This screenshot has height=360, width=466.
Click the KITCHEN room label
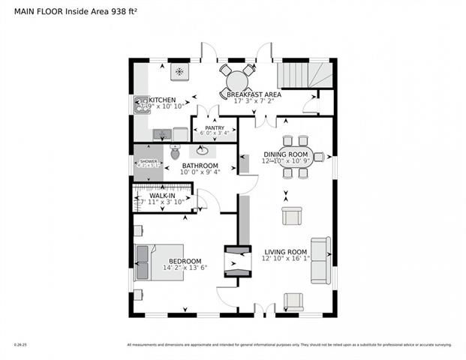162,99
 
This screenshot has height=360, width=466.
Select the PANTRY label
215,128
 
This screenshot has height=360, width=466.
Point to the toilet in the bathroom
175,153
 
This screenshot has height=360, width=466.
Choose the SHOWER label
149,162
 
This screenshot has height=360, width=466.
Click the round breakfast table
238,78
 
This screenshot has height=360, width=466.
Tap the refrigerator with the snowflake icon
180,72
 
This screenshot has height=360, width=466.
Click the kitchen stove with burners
140,105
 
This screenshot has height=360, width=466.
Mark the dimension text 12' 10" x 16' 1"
286,259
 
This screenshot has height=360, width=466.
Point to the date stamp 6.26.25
20,345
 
